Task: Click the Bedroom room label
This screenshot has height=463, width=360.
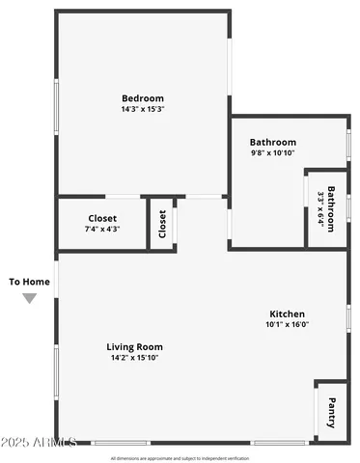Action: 142,98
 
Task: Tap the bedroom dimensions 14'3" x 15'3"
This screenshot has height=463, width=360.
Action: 142,110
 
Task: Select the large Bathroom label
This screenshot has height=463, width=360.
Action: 273,142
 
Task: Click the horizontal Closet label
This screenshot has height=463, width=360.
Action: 102,218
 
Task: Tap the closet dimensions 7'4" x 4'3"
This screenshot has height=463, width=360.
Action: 102,230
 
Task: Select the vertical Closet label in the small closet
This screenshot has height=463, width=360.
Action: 162,224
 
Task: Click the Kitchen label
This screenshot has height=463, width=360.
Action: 287,314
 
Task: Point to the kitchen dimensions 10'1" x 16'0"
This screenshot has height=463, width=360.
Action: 287,325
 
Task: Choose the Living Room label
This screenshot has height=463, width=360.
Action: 134,347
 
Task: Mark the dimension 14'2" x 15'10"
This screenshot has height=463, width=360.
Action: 134,358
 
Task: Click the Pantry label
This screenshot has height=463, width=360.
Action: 331,411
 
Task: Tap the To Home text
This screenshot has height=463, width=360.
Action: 29,282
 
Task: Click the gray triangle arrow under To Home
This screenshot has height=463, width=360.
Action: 30,299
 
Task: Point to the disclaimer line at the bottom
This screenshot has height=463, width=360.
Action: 180,458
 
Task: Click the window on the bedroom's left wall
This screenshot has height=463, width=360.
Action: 56,106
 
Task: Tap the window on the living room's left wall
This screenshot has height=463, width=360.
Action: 56,371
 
